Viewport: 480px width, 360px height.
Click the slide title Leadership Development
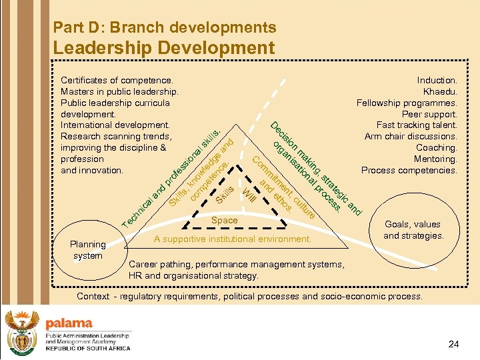163,48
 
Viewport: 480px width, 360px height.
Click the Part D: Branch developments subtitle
164,27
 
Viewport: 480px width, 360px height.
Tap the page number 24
454,344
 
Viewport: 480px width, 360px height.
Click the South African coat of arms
21,331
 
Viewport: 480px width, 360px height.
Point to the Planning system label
88,250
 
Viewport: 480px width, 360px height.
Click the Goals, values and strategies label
413,230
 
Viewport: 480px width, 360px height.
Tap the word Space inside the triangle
224,220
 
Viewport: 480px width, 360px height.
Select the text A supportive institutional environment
232,239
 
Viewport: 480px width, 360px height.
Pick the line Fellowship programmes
407,103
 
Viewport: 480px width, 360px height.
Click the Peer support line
429,114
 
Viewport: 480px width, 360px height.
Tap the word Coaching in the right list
436,147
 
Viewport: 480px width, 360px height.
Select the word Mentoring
435,159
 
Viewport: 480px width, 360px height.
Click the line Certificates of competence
117,80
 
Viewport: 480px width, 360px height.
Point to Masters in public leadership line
119,91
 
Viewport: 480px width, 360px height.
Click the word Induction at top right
437,80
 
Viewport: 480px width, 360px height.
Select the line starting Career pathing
237,264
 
